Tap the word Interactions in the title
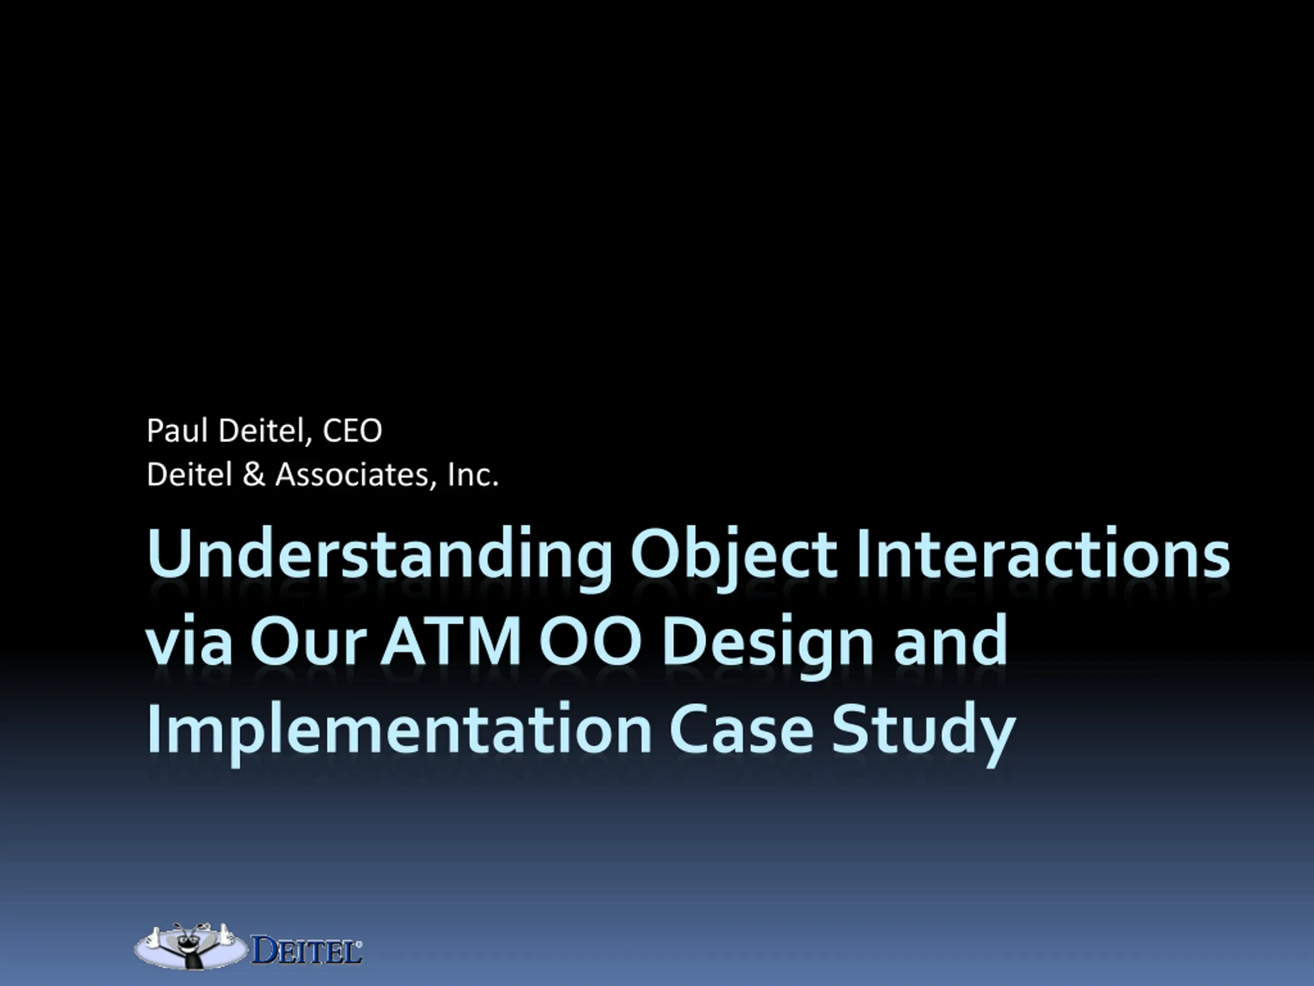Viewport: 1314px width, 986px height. (1042, 553)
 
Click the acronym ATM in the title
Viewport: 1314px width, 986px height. (451, 641)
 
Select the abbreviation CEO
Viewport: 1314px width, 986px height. (352, 431)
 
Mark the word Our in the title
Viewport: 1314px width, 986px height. (306, 641)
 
